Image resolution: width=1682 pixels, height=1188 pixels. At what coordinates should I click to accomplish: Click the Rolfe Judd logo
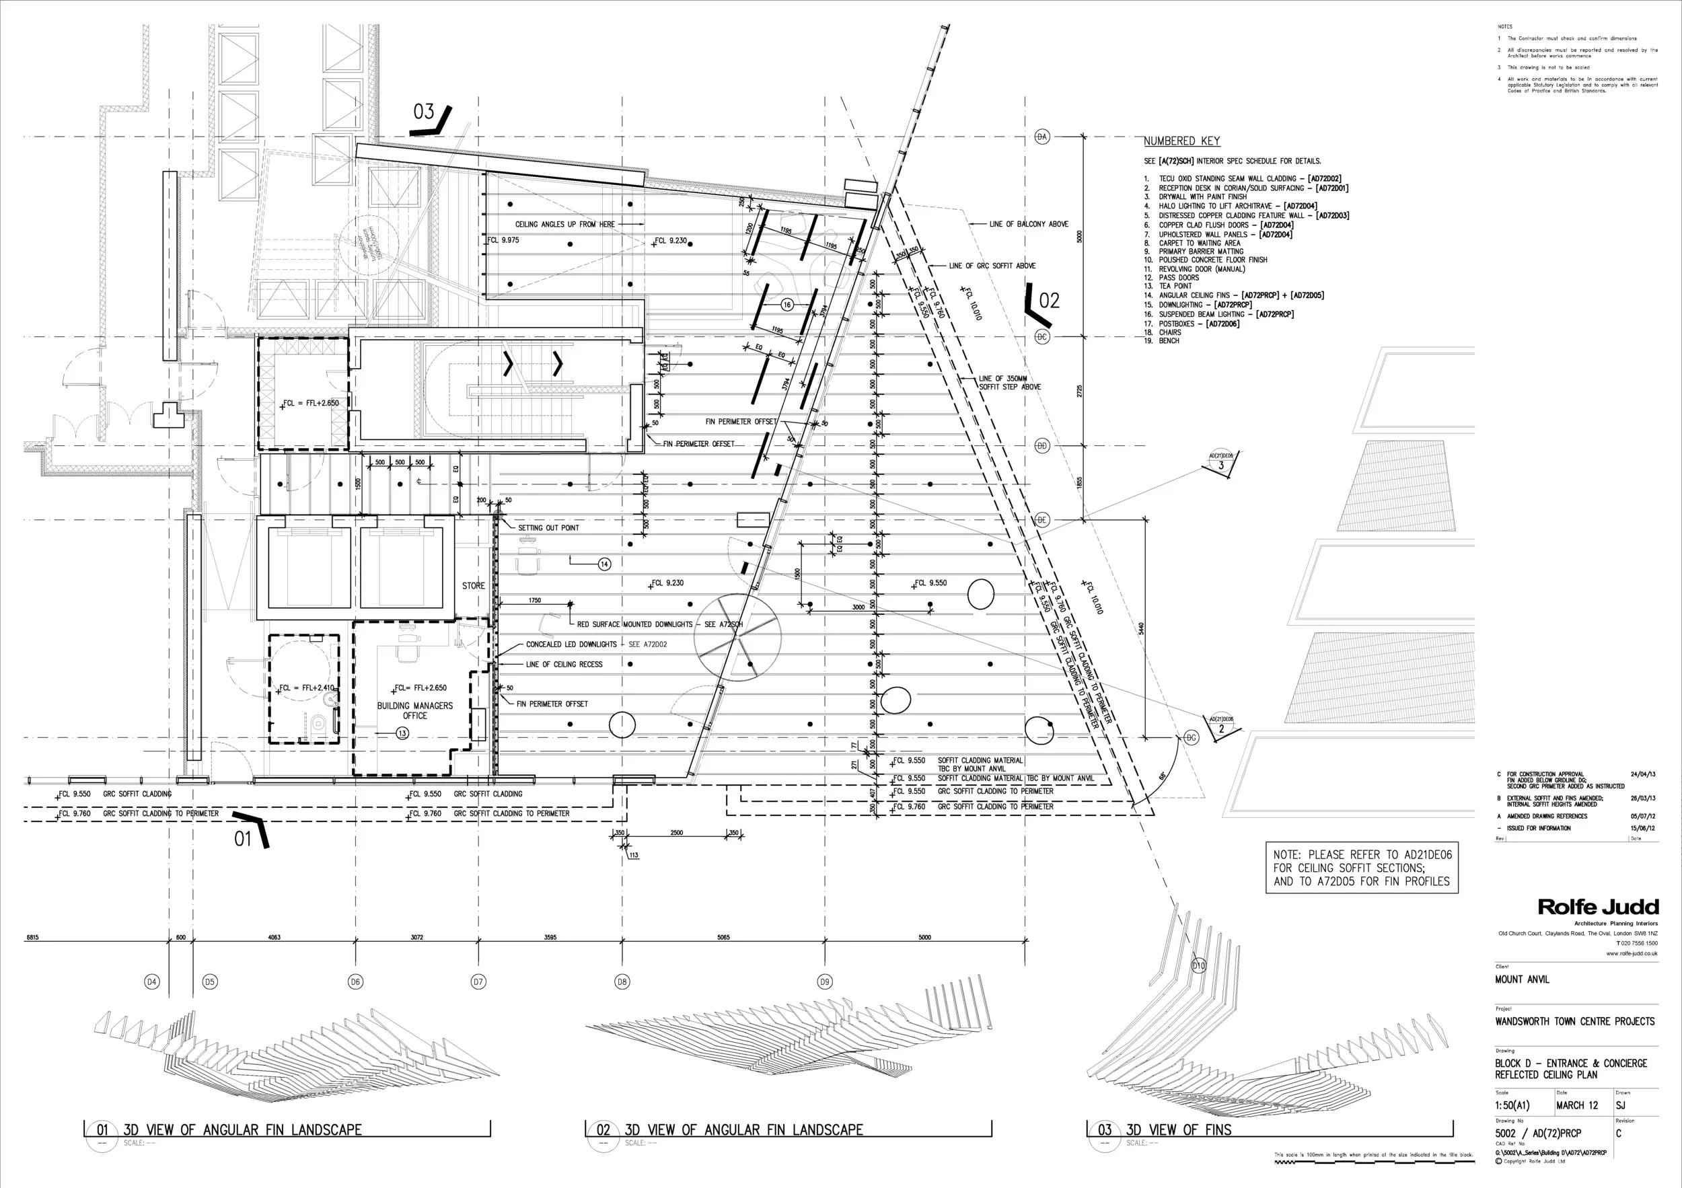[1597, 907]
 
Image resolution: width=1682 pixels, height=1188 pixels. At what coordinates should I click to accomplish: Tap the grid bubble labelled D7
[478, 981]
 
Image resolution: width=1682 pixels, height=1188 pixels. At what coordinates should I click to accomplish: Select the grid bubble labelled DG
[1191, 737]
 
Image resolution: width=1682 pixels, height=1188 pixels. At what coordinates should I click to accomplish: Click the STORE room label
[473, 586]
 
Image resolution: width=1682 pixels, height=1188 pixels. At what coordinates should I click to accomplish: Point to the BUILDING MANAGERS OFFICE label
[414, 710]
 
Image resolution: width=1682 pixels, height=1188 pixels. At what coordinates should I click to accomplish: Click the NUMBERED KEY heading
[1181, 141]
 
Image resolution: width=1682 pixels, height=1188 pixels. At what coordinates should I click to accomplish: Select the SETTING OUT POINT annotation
[548, 528]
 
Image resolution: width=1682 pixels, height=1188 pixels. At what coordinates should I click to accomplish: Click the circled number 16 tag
[787, 305]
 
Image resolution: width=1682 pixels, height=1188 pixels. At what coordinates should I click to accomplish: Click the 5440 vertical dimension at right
[1141, 628]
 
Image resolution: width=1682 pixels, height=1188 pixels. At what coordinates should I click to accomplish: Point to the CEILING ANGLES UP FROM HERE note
[565, 224]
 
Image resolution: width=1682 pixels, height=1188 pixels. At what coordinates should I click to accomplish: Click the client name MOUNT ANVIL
[1523, 979]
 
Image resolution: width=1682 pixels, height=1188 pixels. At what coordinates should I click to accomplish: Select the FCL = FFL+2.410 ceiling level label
[306, 688]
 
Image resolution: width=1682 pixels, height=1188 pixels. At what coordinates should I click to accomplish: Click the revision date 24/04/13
[1642, 774]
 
